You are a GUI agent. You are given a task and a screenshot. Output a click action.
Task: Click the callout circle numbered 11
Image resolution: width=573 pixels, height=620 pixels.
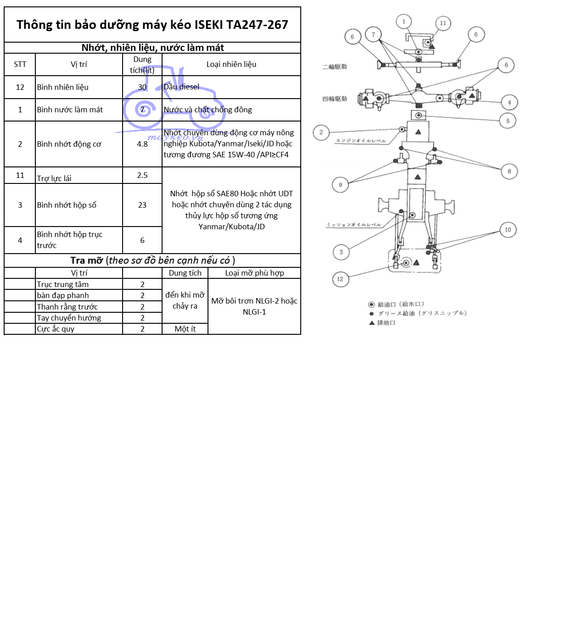[x=443, y=23]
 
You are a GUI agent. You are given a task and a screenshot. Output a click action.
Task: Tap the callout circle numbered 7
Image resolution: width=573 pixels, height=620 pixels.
[x=373, y=34]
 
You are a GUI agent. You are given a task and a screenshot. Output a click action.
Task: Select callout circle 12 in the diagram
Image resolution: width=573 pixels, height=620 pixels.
[x=340, y=279]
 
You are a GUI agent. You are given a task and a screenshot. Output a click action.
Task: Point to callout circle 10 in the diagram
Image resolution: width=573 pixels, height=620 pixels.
[x=508, y=230]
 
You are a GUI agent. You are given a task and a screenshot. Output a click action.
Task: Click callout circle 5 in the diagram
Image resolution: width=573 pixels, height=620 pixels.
[x=508, y=121]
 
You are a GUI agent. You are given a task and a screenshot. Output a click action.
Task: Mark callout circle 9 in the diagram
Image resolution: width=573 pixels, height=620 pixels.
[x=340, y=185]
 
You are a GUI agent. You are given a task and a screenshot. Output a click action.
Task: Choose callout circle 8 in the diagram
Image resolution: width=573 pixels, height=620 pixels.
[x=509, y=172]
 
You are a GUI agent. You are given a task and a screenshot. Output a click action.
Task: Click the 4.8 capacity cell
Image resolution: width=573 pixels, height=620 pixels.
[x=142, y=144]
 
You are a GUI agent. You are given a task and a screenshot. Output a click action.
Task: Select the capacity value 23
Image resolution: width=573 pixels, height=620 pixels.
[x=142, y=205]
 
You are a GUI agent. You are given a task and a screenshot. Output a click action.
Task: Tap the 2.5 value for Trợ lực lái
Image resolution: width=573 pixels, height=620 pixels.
[x=142, y=175]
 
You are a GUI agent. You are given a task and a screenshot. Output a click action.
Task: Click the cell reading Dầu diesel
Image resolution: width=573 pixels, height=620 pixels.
[x=182, y=87]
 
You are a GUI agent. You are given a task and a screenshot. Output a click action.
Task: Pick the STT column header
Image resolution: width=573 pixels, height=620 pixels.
[x=20, y=64]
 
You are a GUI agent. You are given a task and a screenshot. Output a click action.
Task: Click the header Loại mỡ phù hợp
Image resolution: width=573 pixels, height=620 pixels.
[x=254, y=273]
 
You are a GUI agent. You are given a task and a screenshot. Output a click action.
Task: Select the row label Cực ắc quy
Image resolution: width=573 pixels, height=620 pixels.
[x=56, y=329]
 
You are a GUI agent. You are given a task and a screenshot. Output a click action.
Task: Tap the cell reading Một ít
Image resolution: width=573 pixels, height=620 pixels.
[x=185, y=329]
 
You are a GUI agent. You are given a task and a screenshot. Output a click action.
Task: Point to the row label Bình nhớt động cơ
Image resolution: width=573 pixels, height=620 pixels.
[x=69, y=144]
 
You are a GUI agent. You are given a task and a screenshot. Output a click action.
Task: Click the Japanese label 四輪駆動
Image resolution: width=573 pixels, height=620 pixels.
[x=335, y=99]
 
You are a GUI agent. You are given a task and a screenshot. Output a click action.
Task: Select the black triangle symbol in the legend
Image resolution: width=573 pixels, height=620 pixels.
[x=372, y=323]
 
